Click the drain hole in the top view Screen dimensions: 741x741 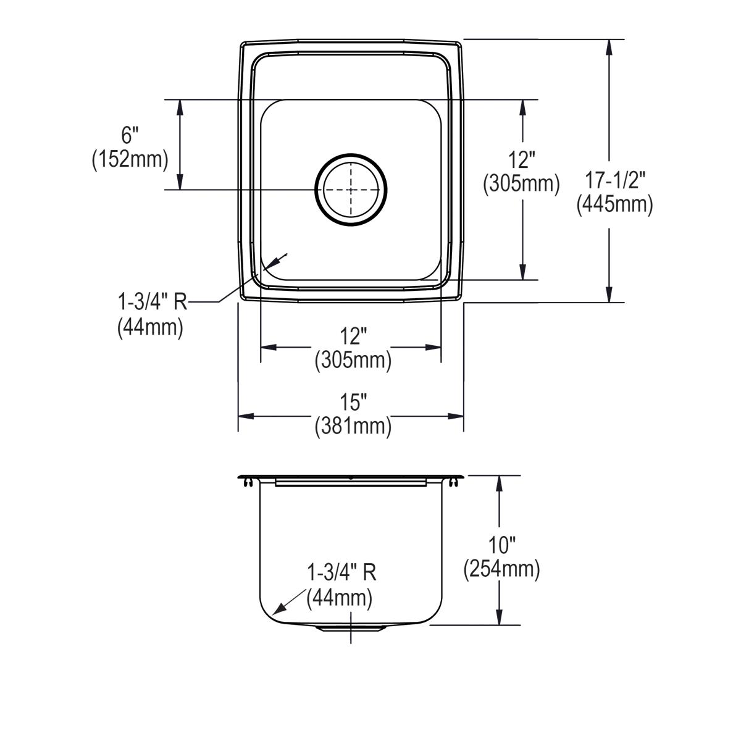tap(351, 190)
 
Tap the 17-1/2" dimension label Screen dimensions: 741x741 tap(614, 180)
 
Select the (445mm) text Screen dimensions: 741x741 tap(614, 204)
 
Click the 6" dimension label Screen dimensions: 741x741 tap(130, 135)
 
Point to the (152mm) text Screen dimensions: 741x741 tap(130, 159)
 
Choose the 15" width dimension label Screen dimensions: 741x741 tap(353, 403)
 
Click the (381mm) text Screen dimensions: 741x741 tap(353, 426)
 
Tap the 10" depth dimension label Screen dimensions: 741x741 tap(501, 545)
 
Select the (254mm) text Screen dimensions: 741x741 tap(501, 569)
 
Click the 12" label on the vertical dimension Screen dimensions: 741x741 tap(522, 160)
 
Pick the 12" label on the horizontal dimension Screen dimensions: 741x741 tap(353, 336)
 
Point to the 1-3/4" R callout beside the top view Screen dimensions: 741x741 tap(152, 302)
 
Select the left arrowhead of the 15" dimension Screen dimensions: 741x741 tap(246, 416)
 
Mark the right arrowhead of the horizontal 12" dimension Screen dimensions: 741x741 tap(433, 347)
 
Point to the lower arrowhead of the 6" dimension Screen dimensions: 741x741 tap(180, 182)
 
